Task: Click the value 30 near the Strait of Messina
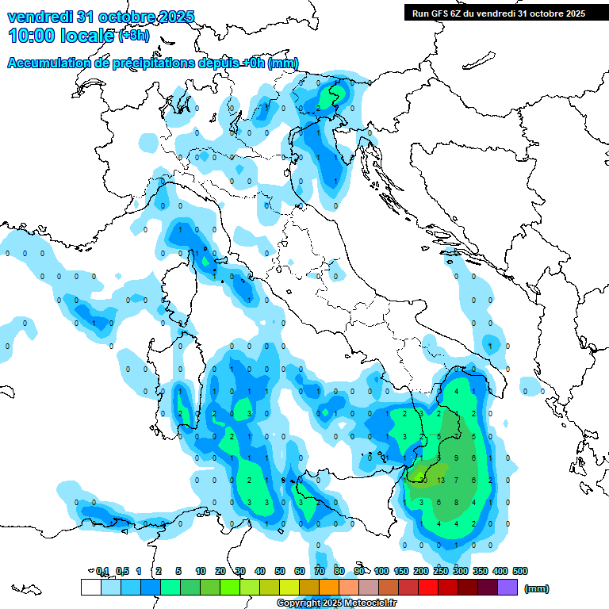click(x=423, y=481)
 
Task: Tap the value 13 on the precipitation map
click(x=441, y=481)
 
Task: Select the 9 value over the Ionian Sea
click(x=456, y=458)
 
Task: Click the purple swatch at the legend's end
click(x=508, y=588)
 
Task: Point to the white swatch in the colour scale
click(x=90, y=588)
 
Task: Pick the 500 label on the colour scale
click(x=519, y=571)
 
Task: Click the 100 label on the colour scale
click(x=381, y=571)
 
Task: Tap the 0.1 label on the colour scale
click(x=102, y=571)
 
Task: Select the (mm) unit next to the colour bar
click(x=537, y=588)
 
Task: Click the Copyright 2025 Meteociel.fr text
click(x=336, y=603)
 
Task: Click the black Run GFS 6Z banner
click(x=499, y=13)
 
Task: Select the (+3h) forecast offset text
click(x=132, y=36)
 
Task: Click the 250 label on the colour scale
click(x=441, y=571)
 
